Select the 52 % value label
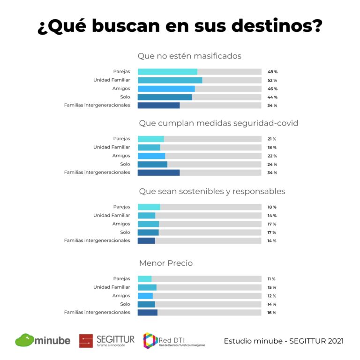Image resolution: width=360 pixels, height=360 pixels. (272, 81)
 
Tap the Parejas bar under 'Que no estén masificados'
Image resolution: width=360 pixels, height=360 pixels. (167, 72)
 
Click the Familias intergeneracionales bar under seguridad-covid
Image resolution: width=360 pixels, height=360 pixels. (158, 172)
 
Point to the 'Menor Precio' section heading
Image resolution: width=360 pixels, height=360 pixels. (165, 263)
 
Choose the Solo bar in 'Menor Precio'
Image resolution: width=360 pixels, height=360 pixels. (146, 304)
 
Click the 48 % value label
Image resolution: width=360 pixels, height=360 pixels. (272, 72)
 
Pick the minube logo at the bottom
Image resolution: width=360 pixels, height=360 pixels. (43, 340)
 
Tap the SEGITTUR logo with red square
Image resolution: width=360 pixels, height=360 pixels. (106, 340)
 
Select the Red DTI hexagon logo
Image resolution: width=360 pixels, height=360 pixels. (150, 340)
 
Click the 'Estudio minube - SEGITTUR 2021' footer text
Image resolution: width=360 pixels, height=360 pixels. (284, 341)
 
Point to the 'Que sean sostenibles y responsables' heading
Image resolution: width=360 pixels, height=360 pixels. (212, 191)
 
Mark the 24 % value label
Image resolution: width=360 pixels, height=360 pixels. (272, 165)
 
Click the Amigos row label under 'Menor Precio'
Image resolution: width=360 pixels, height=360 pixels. (121, 296)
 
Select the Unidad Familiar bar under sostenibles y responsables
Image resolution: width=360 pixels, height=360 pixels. (146, 216)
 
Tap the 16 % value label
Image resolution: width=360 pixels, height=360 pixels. (272, 313)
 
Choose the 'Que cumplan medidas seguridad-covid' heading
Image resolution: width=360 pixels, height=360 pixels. (218, 123)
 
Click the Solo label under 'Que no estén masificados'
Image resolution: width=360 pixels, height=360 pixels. (125, 97)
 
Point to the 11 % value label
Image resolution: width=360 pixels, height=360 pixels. (272, 279)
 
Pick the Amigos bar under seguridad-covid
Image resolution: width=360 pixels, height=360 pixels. (151, 156)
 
